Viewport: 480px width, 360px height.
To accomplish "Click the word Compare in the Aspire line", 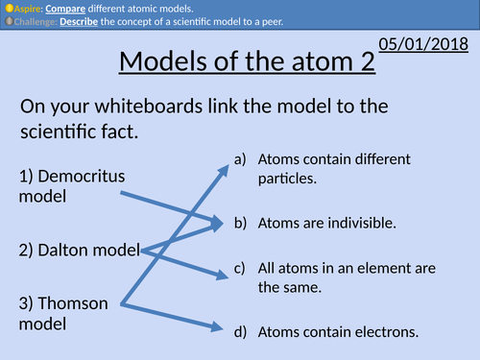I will pos(60,8).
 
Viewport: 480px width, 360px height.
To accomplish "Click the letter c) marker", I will pos(240,269).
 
